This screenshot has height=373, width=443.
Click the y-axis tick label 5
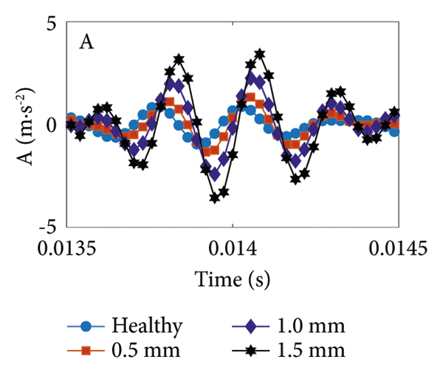[x=52, y=23]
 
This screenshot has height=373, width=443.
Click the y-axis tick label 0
[x=52, y=125]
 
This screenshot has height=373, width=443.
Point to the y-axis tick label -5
[x=48, y=226]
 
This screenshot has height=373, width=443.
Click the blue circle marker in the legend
[x=86, y=325]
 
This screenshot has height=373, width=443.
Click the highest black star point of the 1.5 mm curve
[x=259, y=54]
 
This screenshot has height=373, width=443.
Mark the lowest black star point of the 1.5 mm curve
[x=214, y=198]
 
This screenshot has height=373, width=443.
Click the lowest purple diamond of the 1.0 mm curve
[x=215, y=174]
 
